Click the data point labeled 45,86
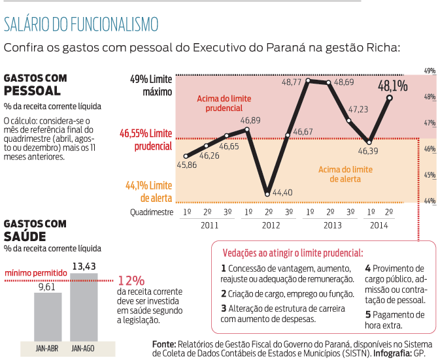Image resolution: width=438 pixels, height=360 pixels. coord(186,155)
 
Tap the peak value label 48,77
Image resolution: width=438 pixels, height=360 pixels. coord(292,82)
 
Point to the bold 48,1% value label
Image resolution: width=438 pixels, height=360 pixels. coord(392,85)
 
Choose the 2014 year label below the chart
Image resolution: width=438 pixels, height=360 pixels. coord(380,224)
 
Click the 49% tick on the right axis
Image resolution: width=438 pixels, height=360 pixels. coord(430,71)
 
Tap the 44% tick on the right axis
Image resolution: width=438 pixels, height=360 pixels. coord(430,201)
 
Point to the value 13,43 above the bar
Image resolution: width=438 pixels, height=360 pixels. coord(84,266)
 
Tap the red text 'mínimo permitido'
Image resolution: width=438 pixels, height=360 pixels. coord(35,272)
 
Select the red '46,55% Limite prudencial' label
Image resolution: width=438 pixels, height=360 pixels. coord(145,139)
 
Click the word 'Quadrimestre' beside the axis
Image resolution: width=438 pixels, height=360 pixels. coord(151,212)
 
